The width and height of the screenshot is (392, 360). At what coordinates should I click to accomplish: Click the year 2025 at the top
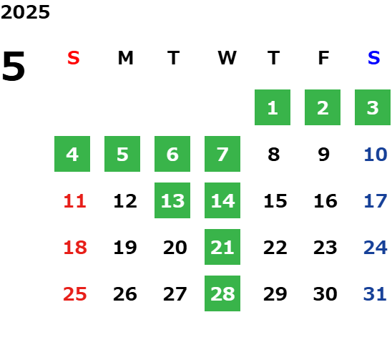point(25,12)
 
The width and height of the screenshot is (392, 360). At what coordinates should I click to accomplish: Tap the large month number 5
point(14,66)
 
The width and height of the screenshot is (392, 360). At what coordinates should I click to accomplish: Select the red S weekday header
point(74,58)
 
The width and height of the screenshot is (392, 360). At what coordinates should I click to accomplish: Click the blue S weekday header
point(373,58)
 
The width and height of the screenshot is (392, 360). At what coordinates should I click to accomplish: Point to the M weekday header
point(125,58)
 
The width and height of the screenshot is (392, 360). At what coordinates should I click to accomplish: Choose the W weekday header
point(227,58)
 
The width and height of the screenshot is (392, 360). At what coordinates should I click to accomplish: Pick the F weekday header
point(324,58)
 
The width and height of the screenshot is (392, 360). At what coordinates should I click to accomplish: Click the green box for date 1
point(273,107)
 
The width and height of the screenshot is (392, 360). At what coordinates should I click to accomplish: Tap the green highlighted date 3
point(373,107)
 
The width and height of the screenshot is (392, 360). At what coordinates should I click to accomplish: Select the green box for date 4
point(72,154)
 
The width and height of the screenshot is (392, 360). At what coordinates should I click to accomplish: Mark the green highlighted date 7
point(222,154)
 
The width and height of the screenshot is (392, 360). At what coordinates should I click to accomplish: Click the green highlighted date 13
point(172,200)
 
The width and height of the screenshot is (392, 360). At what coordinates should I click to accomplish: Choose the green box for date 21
point(222,247)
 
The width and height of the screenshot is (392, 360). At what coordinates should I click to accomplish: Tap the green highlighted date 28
point(222,293)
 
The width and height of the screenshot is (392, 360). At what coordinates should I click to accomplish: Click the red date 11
point(75,201)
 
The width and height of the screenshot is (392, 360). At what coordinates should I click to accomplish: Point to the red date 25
point(75,294)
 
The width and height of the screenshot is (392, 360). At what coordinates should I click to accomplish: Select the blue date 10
point(376,155)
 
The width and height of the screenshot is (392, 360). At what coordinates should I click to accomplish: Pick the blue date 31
point(375,294)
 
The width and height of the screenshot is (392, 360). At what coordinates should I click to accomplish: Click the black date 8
point(274,155)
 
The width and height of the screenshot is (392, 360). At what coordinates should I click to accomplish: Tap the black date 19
point(125,248)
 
